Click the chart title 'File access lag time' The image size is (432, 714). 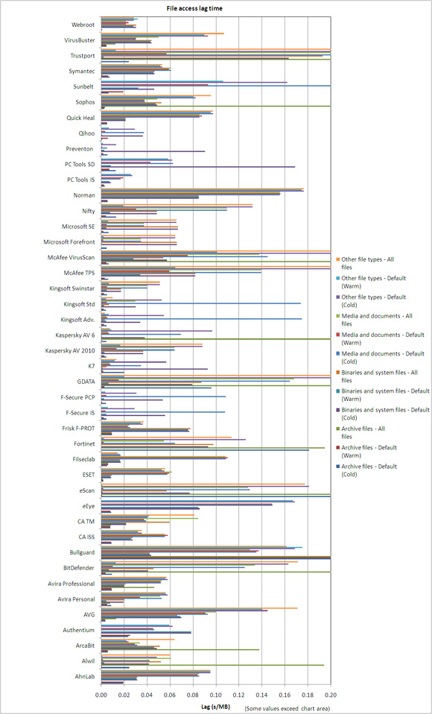194,8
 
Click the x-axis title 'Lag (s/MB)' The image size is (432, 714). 215,707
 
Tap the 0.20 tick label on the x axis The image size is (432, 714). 331,695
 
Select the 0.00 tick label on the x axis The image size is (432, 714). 101,695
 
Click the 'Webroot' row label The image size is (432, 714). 83,25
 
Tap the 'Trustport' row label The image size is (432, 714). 82,56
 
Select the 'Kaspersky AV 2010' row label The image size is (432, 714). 70,350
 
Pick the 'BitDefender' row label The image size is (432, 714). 79,568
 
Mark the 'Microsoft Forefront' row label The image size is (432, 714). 69,241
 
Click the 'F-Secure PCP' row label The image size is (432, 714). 78,397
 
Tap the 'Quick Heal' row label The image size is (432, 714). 80,118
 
